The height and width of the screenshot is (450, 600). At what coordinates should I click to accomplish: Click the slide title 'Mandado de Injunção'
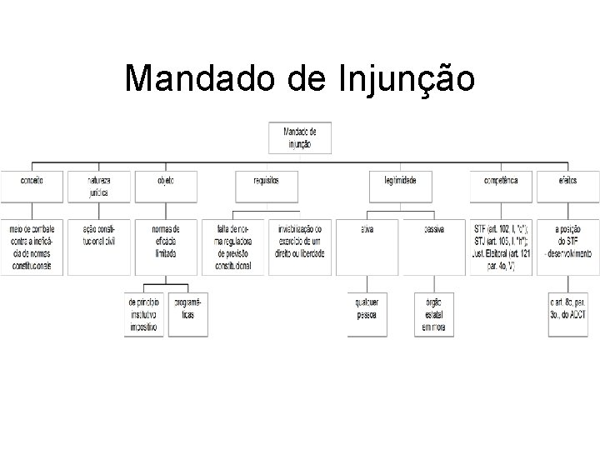tap(300, 79)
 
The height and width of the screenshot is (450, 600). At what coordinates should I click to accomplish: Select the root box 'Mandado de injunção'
tap(300, 138)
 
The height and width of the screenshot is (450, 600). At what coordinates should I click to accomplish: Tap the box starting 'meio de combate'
tap(32, 247)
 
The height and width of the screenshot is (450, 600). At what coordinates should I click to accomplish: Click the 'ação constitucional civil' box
tap(99, 247)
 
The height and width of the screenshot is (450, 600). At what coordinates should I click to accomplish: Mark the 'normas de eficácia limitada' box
tap(166, 247)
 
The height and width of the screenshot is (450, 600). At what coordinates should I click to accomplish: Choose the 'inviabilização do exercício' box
tap(300, 247)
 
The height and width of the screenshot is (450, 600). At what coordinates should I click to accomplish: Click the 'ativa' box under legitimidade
tap(367, 247)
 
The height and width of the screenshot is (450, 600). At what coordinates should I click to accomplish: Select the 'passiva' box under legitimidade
tap(433, 247)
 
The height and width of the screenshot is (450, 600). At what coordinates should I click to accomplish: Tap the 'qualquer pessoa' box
tap(367, 314)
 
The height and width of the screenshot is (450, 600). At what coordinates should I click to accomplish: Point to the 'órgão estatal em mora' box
tap(433, 314)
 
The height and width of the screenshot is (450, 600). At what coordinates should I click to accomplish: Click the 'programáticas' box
tap(187, 314)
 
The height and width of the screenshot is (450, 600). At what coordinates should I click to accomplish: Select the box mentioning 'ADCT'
tap(569, 314)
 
